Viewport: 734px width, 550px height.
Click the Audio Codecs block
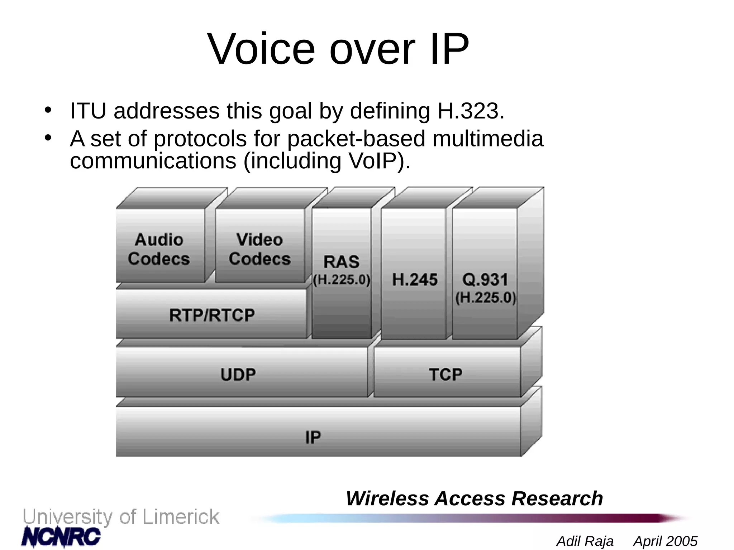159,249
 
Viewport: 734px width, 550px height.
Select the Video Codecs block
259,249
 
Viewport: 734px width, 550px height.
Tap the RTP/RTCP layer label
212,315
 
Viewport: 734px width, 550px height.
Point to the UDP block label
238,375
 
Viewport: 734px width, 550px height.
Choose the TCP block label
445,375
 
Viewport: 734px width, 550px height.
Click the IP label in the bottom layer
313,437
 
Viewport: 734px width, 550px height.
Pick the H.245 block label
415,279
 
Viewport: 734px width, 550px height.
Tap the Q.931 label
485,279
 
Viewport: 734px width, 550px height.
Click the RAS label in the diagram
341,262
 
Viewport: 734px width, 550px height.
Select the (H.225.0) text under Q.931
486,298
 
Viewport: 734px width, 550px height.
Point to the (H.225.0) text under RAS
342,280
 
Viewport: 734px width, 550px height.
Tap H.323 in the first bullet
471,111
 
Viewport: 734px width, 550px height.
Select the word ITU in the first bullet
88,111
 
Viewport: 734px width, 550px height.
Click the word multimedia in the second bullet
488,139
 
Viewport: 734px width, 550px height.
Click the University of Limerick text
121,517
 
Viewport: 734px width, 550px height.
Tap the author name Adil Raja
585,541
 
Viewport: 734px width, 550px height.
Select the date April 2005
666,541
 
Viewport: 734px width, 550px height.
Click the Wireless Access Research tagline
474,498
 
